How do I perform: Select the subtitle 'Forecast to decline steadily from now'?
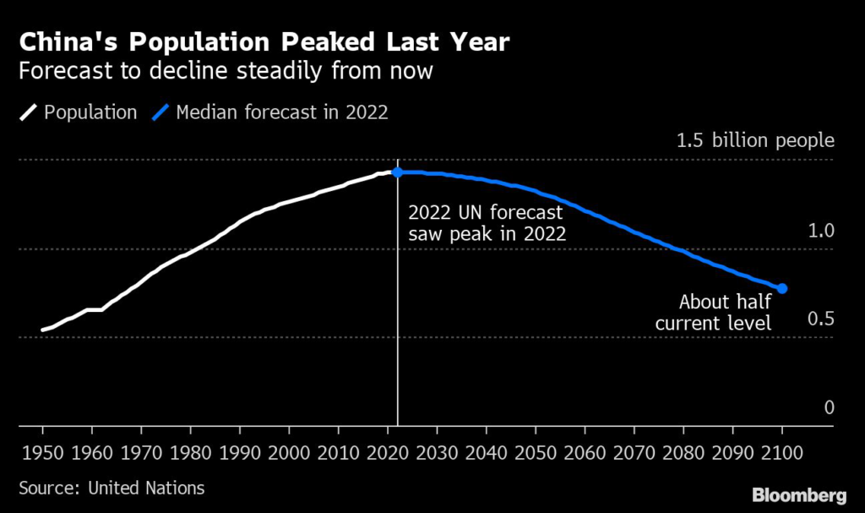[x=226, y=71]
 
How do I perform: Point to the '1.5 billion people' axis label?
[x=755, y=141]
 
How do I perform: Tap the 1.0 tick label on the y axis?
[x=822, y=231]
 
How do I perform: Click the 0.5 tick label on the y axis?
[x=822, y=319]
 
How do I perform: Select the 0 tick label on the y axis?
[x=829, y=407]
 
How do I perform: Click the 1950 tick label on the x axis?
[x=42, y=450]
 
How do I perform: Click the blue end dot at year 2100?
[x=783, y=289]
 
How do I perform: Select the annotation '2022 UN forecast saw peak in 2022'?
[x=487, y=223]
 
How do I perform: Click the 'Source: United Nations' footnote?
[x=112, y=488]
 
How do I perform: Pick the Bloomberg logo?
[x=798, y=493]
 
